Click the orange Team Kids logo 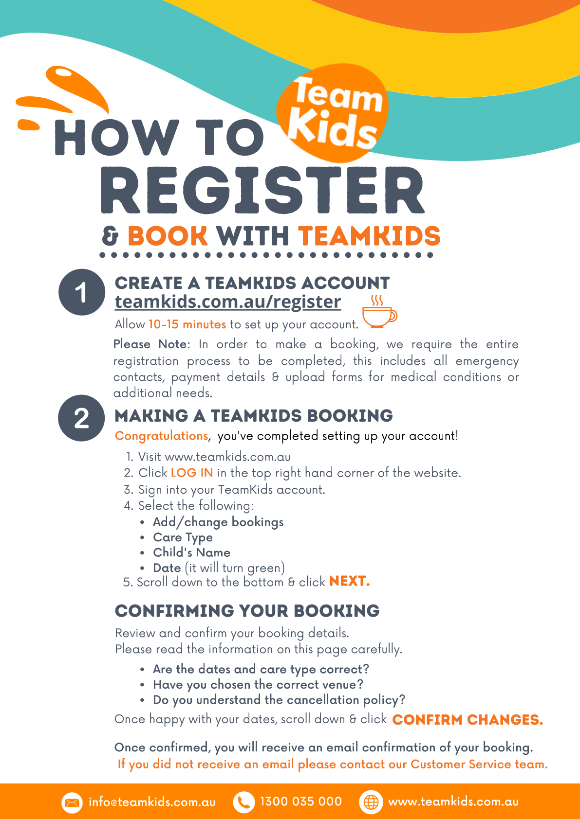coord(333,113)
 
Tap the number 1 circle coord(82,292)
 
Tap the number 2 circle coord(81,418)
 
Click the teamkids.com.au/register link coord(228,302)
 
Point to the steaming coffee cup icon coord(379,312)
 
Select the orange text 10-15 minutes coord(187,324)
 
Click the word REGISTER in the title coord(262,191)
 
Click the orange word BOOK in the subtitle coord(168,236)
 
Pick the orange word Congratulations coord(162,436)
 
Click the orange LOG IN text coord(192,473)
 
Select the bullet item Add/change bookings coord(218,522)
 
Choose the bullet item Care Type coord(183,537)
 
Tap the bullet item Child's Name coord(191,552)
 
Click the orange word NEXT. coord(349,581)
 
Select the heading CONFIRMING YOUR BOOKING coord(247,611)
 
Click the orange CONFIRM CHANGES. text coord(468,720)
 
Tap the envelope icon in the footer coord(72,802)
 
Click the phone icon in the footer coord(243,802)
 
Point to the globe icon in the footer coord(371,802)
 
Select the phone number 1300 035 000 coord(301,801)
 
